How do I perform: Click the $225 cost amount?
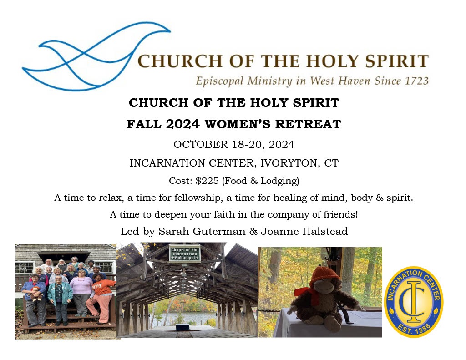207,181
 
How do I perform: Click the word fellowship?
198,198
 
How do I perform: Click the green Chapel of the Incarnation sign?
185,254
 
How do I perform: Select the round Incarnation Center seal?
414,302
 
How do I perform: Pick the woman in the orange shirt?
101,298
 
